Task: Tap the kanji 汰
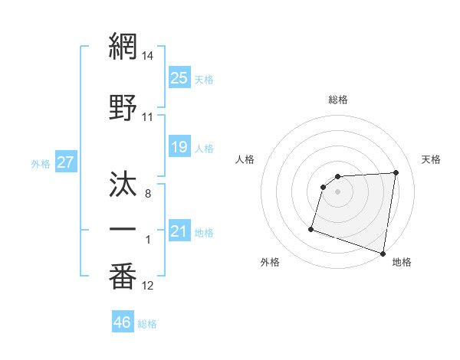click(x=123, y=184)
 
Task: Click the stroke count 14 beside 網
click(x=148, y=56)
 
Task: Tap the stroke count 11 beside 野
click(x=148, y=117)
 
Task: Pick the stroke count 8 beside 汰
click(x=148, y=195)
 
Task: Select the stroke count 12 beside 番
click(x=148, y=286)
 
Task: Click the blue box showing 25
click(x=179, y=77)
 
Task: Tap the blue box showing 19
click(x=179, y=147)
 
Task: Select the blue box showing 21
click(x=179, y=231)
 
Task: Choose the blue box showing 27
click(x=65, y=162)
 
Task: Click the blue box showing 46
click(x=122, y=322)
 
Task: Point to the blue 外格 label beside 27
click(x=41, y=164)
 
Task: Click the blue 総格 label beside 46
click(x=147, y=324)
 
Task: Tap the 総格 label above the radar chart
click(x=338, y=100)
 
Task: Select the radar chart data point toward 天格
click(x=396, y=172)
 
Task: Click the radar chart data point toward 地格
click(x=383, y=254)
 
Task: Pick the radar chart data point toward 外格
click(x=311, y=228)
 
